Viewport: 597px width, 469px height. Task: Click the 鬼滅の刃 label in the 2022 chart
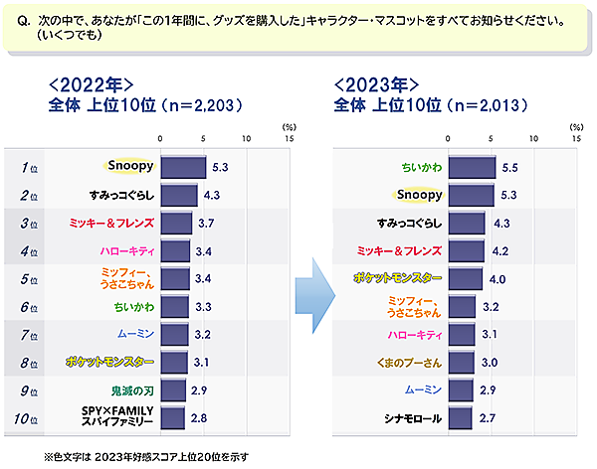[131, 390]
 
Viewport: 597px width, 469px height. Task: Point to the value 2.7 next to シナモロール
[487, 417]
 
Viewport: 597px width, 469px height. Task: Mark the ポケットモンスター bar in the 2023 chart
[467, 278]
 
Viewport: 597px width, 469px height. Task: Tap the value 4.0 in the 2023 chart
[497, 278]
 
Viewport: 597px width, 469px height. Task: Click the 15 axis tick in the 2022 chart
[289, 139]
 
